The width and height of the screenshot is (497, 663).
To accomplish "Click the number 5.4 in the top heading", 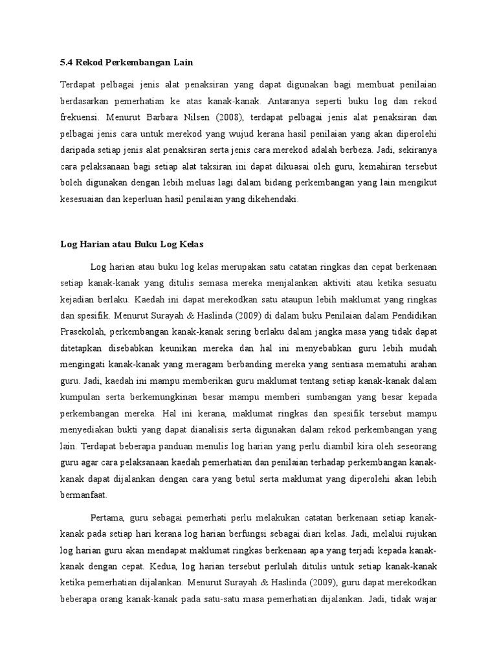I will [67, 62].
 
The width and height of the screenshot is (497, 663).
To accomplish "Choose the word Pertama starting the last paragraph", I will [106, 520].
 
